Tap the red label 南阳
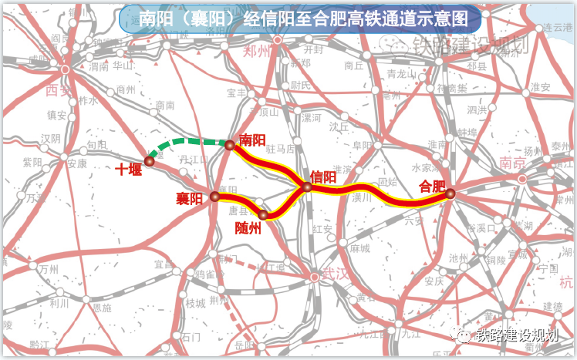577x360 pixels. [252, 140]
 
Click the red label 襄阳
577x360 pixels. [188, 199]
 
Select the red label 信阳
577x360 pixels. [323, 177]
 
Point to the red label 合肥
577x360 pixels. [432, 186]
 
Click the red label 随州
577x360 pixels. [248, 228]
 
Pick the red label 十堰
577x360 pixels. [129, 170]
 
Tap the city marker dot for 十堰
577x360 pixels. [150, 160]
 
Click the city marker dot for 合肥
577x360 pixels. [450, 194]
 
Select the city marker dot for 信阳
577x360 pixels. [307, 187]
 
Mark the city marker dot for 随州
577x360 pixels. [263, 215]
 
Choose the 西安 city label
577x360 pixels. [59, 91]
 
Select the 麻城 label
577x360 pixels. [359, 248]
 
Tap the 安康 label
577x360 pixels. [76, 163]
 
